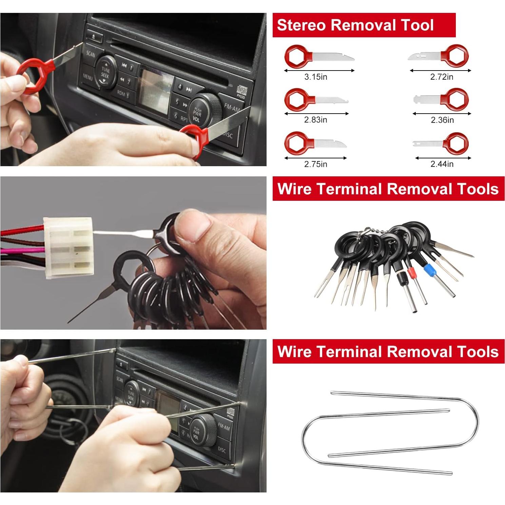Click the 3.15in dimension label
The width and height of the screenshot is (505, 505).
tap(315, 77)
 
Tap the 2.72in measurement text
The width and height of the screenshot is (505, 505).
tap(442, 77)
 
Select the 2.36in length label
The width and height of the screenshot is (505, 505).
tap(442, 120)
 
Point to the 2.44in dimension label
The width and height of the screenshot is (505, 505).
tap(442, 164)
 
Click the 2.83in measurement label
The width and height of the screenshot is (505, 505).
tap(315, 120)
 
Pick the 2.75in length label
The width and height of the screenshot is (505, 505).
tap(315, 164)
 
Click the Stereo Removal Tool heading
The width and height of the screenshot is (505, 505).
tap(355, 25)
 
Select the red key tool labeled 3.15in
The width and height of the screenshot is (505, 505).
tap(319, 56)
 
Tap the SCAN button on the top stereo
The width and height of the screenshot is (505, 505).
tap(91, 54)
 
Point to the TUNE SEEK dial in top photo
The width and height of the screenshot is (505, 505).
tap(105, 72)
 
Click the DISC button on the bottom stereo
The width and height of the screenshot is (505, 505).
tap(221, 450)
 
